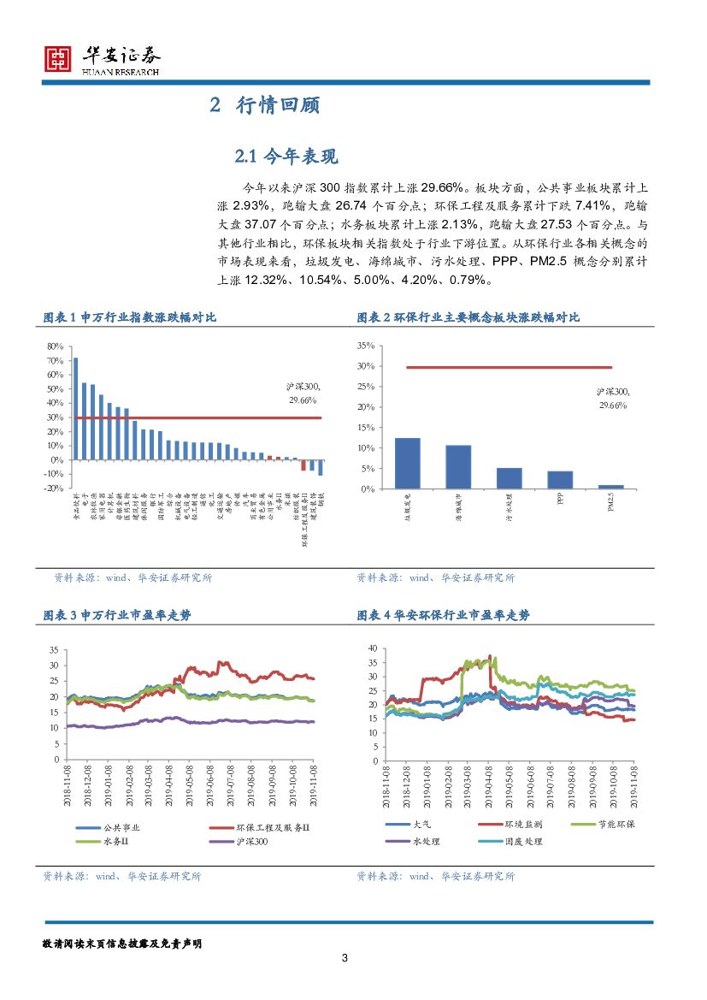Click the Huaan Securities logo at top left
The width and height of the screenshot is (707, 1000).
57,58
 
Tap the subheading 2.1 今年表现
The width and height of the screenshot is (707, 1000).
286,156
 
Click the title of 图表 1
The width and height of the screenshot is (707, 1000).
129,317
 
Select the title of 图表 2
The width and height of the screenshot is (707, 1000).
468,317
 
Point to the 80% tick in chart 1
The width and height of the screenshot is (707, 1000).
54,346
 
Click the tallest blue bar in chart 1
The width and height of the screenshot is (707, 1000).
75,408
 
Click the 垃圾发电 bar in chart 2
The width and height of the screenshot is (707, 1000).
407,463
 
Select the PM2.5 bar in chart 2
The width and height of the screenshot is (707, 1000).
610,487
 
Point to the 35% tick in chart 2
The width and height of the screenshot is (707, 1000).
365,346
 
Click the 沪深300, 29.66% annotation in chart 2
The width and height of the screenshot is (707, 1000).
611,398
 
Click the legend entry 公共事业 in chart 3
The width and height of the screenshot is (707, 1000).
121,827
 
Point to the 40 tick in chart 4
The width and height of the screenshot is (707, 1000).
371,648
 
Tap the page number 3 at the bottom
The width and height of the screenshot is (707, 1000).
344,958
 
